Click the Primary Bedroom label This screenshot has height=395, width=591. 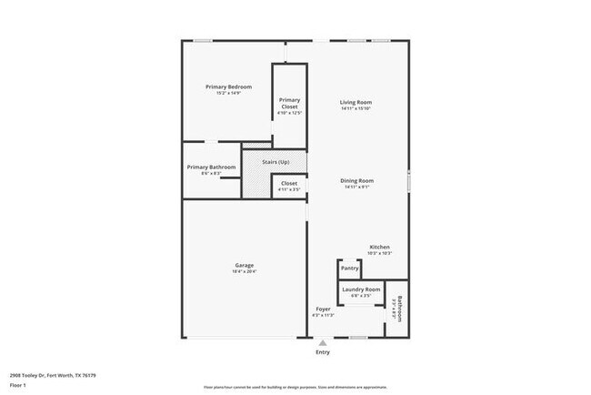click(x=227, y=86)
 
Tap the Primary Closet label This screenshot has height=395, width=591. click(x=289, y=104)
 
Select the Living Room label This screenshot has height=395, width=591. click(x=357, y=102)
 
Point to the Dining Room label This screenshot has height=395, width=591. click(x=357, y=180)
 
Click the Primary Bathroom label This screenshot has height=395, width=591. click(x=211, y=167)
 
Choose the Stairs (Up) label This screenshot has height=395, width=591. click(x=275, y=162)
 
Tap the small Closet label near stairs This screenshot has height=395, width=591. click(x=289, y=184)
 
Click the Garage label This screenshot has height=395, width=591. click(x=244, y=265)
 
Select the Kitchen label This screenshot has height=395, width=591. click(x=379, y=248)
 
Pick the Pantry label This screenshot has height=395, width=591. click(x=350, y=268)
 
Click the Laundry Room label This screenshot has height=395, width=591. click(x=361, y=289)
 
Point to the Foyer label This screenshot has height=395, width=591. click(x=323, y=309)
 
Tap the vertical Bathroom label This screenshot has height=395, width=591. click(x=399, y=312)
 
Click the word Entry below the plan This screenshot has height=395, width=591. click(x=323, y=352)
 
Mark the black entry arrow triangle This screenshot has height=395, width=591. click(x=323, y=342)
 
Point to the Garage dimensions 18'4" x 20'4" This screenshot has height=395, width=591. click(x=244, y=271)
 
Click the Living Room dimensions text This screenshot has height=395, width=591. click(x=357, y=109)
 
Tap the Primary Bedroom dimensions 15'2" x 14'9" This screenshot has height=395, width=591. click(x=227, y=93)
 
